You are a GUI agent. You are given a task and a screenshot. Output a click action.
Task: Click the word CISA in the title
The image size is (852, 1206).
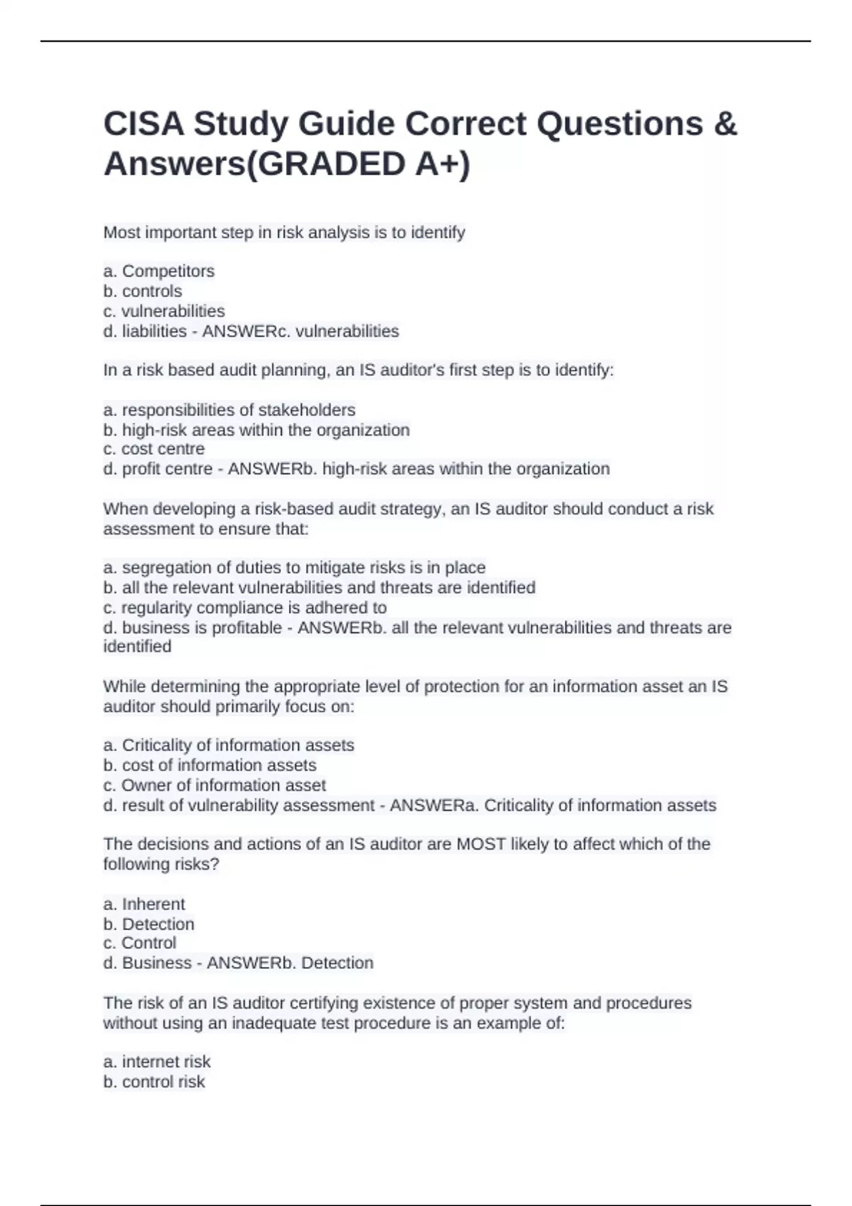(143, 124)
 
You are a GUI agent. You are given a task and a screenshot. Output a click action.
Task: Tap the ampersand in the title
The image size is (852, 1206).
(724, 124)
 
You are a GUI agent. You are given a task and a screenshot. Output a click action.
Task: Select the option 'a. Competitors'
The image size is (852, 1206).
(158, 271)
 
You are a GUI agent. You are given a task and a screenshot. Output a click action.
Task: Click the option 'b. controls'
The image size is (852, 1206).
(142, 291)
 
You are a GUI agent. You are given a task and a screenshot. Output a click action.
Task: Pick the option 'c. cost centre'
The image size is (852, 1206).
(153, 449)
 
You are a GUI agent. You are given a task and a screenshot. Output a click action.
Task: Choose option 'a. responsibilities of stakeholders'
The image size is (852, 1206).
(229, 410)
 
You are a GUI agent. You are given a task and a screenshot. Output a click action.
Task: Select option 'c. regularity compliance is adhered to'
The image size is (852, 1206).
(244, 608)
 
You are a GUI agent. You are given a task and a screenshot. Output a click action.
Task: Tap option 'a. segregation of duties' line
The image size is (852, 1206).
(294, 568)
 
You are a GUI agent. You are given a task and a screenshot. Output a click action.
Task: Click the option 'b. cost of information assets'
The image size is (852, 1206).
(209, 765)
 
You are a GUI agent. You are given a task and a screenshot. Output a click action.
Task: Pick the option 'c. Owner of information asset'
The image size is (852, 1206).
(214, 785)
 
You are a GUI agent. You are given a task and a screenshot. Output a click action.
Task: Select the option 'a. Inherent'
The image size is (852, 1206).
(143, 905)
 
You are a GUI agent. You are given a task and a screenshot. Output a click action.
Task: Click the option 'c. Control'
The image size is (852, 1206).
(139, 943)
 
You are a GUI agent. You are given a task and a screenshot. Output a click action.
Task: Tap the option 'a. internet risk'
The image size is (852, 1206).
(156, 1062)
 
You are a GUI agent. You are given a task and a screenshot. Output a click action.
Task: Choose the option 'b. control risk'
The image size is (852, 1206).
(153, 1082)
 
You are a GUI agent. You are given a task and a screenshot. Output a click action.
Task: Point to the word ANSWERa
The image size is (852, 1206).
(434, 806)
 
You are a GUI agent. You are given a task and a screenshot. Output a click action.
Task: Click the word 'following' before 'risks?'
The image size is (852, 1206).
(134, 864)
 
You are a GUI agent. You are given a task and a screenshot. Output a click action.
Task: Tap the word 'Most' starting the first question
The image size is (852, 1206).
(121, 233)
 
